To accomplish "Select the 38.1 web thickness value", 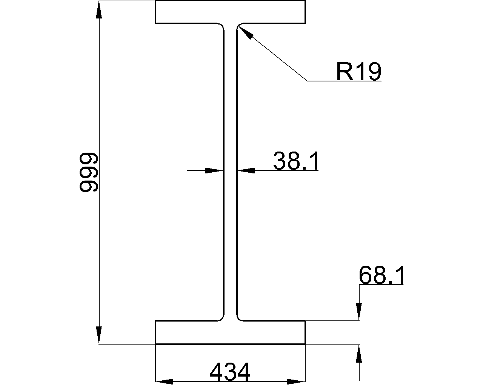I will tap(296, 161).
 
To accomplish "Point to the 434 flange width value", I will tap(230, 372).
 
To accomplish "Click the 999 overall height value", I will tap(89, 172).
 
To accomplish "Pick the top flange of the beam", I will tap(230, 12).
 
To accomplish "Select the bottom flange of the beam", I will tap(230, 332).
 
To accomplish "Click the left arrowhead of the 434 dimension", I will tap(165, 381).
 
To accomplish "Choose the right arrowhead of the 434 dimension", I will tap(296, 381).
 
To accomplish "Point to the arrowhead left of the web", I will tap(214, 171).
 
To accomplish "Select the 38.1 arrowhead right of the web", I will tap(246, 171).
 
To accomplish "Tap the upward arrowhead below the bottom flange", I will tap(359, 354).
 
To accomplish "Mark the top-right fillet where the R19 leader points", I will tap(238, 26).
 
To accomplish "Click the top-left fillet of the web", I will tap(222, 26).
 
